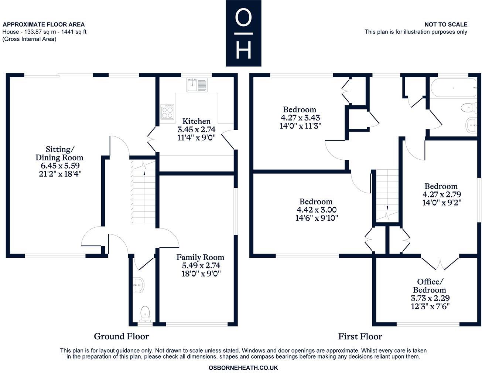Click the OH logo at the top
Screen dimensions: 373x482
tap(243, 33)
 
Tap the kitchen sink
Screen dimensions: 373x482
tap(197, 85)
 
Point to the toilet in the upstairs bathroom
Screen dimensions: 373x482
tap(468, 108)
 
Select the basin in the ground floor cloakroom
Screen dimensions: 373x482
tap(139, 285)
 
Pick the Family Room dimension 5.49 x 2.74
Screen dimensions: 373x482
tap(201, 265)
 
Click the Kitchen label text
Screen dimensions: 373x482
tap(196, 121)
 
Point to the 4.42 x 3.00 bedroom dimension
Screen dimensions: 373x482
tap(317, 210)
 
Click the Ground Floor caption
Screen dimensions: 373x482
tap(121, 336)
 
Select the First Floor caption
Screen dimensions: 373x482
tap(360, 336)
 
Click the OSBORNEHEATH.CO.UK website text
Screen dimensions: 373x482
tap(243, 368)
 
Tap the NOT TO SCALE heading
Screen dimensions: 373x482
tap(446, 24)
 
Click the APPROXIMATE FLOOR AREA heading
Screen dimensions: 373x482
tap(44, 25)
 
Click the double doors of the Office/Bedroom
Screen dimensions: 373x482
tap(440, 264)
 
